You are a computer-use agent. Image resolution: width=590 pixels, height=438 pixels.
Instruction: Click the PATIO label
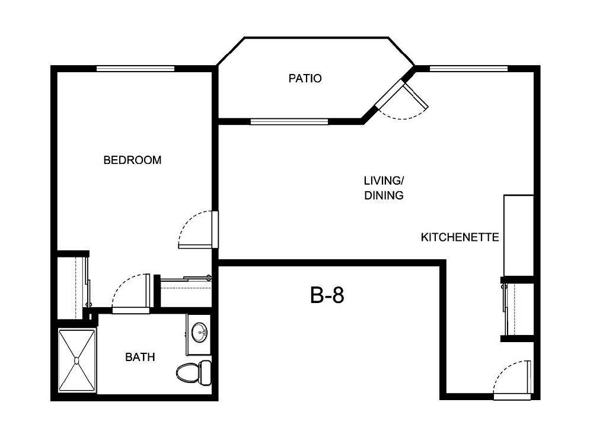coord(305,78)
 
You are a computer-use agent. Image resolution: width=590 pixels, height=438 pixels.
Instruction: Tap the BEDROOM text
coord(132,160)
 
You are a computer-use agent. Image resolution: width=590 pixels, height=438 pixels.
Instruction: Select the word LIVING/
coord(384,180)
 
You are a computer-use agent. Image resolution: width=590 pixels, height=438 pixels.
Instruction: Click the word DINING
coord(384,195)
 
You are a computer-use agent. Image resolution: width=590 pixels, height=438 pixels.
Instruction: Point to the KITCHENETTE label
coord(460,237)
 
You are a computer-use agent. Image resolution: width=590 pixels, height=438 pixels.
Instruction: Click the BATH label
coord(140,357)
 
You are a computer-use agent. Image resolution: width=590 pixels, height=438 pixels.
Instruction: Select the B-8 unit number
coord(327,295)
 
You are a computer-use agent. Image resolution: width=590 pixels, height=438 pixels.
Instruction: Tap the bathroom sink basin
coord(200,332)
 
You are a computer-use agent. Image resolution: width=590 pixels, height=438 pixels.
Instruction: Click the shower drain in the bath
coord(76,359)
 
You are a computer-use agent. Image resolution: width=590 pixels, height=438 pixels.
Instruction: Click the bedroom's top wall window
coord(135,68)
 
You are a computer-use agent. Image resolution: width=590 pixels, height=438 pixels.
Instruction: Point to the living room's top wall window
coord(468,68)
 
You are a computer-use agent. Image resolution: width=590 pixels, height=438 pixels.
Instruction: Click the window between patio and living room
coord(289,122)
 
